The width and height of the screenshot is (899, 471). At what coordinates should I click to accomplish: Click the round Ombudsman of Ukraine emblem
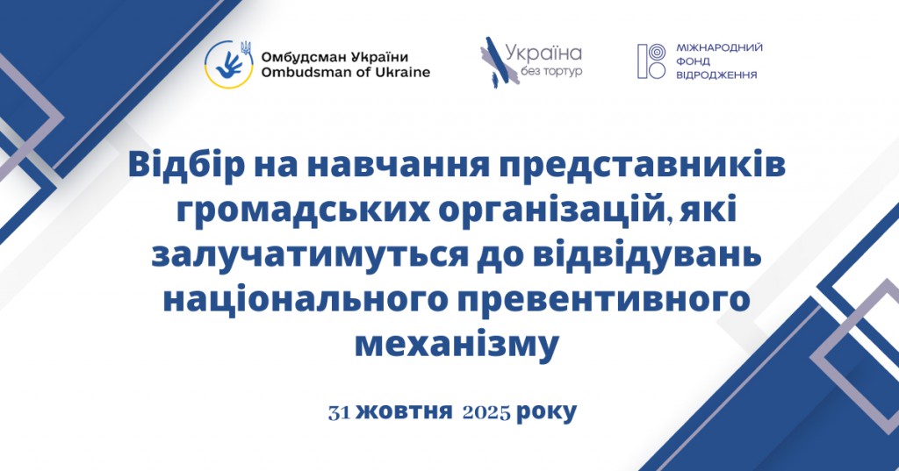pos(230,64)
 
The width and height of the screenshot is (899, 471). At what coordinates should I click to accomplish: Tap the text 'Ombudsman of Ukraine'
pos(346,73)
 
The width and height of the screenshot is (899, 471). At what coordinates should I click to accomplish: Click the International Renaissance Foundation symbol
pos(651,61)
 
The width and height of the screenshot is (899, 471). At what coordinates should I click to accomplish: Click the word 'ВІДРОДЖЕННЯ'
pos(716,76)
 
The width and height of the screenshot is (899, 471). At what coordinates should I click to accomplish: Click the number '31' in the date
pos(340,411)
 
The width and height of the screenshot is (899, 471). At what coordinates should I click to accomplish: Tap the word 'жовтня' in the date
pos(405,411)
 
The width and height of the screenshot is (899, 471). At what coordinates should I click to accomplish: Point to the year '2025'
pos(485,411)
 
